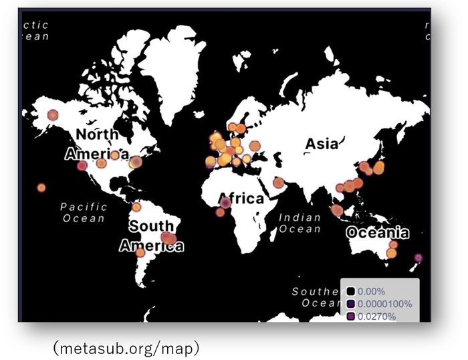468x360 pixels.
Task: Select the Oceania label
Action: [377, 233]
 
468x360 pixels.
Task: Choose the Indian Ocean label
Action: [300, 223]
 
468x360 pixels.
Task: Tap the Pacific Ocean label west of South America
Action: [84, 212]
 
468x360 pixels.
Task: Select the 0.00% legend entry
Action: [371, 291]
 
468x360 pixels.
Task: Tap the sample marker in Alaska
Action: [52, 115]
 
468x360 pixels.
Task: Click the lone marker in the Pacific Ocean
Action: [41, 187]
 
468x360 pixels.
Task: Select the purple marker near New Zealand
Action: [418, 258]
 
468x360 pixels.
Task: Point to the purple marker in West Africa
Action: [226, 202]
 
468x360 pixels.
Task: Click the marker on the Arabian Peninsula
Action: [278, 183]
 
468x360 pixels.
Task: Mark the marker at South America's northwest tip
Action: [136, 207]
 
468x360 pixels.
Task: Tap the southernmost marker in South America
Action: [140, 252]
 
